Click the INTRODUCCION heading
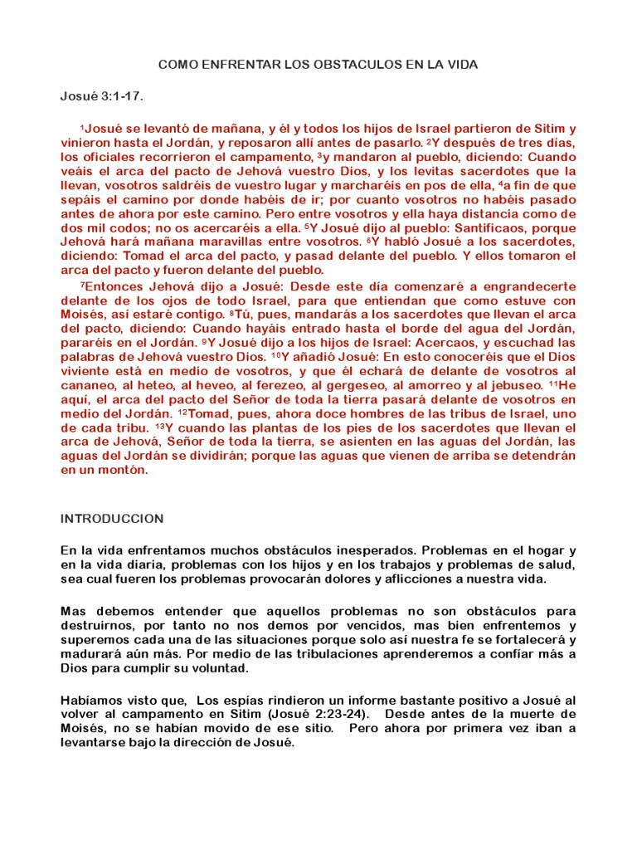(112, 519)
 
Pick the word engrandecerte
(533, 286)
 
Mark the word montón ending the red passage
(125, 470)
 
